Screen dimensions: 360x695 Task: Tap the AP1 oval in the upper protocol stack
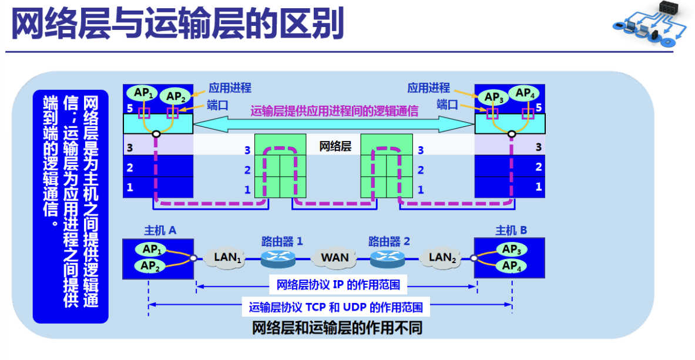(x=145, y=93)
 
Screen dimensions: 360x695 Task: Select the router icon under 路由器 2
(x=387, y=257)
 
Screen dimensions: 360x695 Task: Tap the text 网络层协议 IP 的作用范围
(x=338, y=285)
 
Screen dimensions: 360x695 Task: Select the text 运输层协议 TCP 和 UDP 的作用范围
(x=335, y=307)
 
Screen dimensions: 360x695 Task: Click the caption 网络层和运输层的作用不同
(x=337, y=327)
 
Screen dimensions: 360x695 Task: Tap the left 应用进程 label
(x=230, y=88)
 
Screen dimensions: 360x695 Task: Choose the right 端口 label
(x=447, y=105)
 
